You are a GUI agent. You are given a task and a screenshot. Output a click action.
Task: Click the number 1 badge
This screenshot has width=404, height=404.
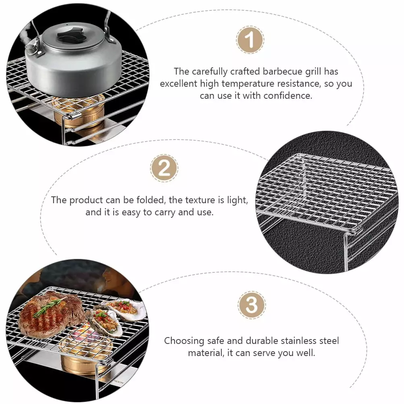[x=250, y=40]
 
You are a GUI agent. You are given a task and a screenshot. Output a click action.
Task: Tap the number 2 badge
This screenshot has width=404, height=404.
[x=164, y=168]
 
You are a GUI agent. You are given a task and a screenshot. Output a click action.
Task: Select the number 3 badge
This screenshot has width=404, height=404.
[x=252, y=305]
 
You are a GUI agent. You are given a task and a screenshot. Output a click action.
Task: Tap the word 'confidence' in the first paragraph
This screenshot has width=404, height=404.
[x=287, y=96]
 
